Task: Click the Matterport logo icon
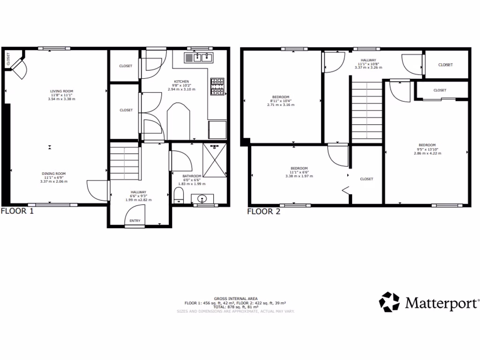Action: (x=389, y=302)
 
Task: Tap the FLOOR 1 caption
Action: (x=17, y=211)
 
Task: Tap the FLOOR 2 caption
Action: (x=263, y=211)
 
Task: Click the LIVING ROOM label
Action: (x=62, y=91)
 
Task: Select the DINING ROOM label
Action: (x=54, y=173)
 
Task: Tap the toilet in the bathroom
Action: (x=179, y=195)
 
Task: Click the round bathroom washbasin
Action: (x=203, y=198)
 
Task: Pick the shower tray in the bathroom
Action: (x=215, y=160)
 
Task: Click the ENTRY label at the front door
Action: (x=135, y=221)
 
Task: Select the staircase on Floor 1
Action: (x=125, y=162)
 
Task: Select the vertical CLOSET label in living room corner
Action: (x=8, y=59)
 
